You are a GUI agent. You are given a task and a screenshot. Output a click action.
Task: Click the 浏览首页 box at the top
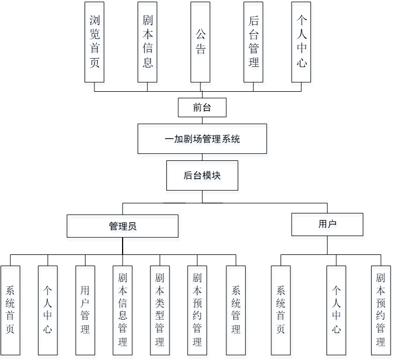tap(94, 42)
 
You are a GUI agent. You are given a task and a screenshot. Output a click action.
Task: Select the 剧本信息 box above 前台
tap(147, 42)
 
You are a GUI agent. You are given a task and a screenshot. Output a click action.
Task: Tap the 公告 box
tap(200, 42)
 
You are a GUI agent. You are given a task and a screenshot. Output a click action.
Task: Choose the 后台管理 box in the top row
tap(254, 42)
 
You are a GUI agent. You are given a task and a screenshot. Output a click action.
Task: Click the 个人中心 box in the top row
tap(301, 42)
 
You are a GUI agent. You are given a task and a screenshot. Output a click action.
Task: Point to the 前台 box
tap(202, 107)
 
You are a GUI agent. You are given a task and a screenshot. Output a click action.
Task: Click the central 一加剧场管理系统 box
tap(202, 139)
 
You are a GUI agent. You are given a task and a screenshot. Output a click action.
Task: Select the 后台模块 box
tap(202, 175)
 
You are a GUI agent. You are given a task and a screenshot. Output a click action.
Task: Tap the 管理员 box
tap(123, 226)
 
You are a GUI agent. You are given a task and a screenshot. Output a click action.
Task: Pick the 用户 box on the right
tap(327, 224)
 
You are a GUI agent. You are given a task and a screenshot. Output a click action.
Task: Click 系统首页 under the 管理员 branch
tap(10, 310)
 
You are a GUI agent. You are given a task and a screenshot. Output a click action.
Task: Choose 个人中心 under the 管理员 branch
tap(47, 310)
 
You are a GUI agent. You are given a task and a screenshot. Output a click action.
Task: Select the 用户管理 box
tap(85, 310)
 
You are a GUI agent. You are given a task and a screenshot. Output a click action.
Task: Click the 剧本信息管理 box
tap(123, 310)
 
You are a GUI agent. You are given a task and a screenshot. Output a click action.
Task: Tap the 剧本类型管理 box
tap(160, 310)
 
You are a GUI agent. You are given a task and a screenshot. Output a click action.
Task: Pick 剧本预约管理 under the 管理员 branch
tap(197, 310)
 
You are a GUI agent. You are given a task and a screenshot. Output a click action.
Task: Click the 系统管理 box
tap(236, 310)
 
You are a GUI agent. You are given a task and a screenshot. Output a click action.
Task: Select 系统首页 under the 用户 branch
tap(281, 310)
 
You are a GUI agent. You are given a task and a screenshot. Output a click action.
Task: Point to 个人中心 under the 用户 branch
tap(336, 310)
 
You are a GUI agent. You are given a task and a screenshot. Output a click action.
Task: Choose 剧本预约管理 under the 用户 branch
tap(381, 310)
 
